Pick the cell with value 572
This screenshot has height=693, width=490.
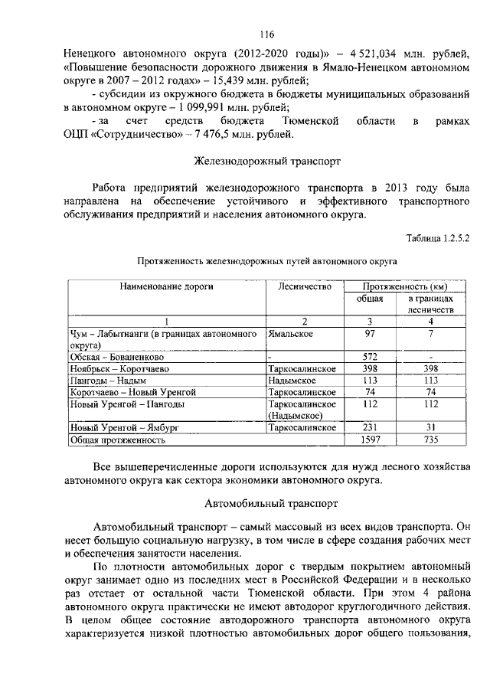tap(371, 357)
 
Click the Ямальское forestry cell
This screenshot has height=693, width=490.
tap(294, 334)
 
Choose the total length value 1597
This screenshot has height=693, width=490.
tap(371, 440)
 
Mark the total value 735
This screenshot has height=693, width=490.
tap(431, 440)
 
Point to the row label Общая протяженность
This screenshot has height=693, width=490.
tap(118, 440)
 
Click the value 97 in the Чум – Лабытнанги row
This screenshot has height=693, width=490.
tap(371, 334)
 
